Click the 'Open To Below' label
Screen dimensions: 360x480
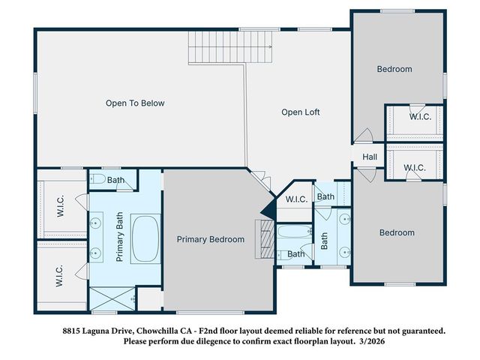(134, 103)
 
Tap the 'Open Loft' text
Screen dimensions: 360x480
(300, 112)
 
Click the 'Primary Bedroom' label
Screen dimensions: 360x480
(210, 239)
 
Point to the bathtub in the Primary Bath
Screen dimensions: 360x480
(145, 238)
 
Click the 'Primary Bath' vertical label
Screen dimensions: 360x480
(118, 237)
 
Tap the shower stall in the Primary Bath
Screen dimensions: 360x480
(112, 298)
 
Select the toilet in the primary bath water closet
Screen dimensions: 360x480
(97, 180)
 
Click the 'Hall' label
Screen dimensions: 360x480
(370, 157)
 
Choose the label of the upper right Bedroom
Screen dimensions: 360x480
(394, 69)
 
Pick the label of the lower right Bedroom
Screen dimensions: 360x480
(396, 232)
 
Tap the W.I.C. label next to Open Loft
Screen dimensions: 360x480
(295, 199)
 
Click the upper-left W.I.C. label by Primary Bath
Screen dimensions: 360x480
(61, 206)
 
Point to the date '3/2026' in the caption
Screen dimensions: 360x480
(378, 341)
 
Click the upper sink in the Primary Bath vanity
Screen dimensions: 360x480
(97, 223)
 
